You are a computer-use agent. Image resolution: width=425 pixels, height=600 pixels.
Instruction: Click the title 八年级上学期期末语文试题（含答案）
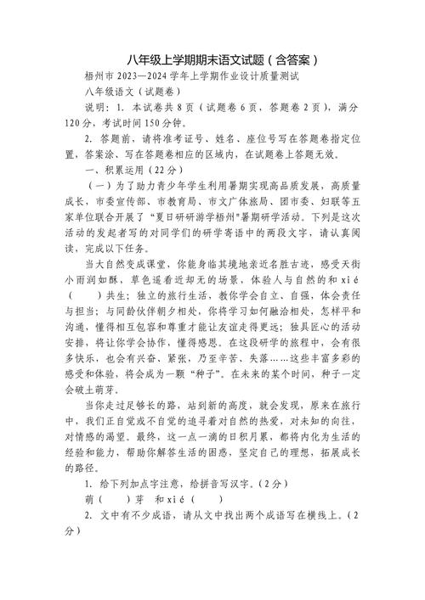tap(212, 60)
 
